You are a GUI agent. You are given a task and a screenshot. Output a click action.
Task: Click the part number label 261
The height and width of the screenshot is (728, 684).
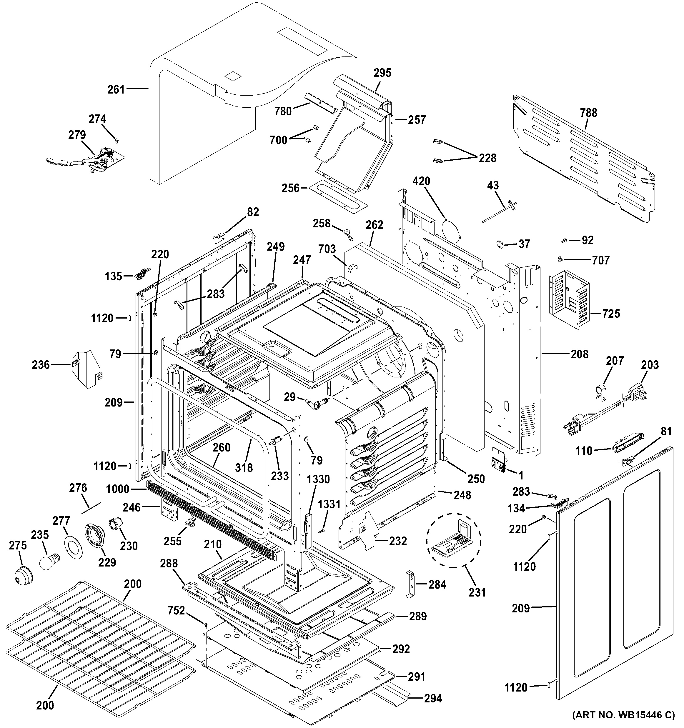coord(116,90)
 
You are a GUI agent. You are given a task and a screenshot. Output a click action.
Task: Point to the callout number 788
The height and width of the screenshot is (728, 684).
coord(588,112)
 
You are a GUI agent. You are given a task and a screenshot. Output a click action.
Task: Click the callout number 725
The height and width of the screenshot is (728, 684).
coord(611,314)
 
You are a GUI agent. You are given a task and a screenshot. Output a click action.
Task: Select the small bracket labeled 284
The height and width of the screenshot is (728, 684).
coord(411,584)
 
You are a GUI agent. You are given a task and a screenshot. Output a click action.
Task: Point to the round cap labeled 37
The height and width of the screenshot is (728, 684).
coord(500,244)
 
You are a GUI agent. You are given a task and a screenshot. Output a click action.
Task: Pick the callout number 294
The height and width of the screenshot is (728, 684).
coord(433,698)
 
